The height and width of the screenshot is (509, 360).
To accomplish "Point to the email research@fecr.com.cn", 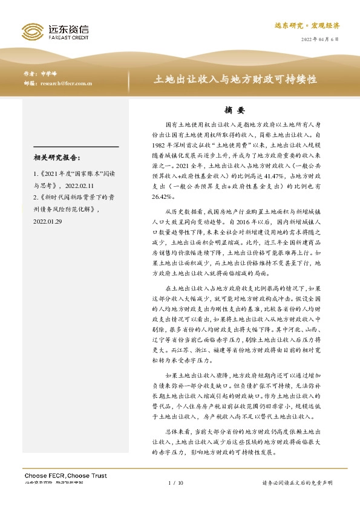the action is click(x=66, y=84).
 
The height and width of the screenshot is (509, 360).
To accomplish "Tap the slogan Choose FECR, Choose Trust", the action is click(x=65, y=476).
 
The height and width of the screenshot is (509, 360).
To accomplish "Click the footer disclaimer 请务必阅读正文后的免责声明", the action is click(x=297, y=483).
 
